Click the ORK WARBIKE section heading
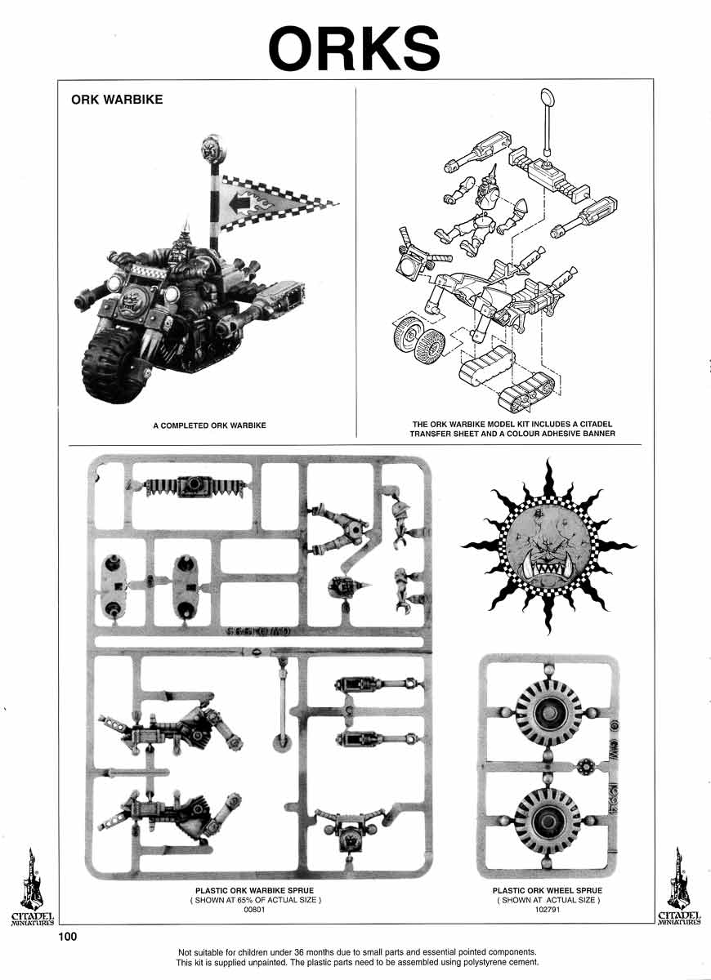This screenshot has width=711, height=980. click(117, 100)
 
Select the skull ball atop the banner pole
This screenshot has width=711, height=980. click(211, 151)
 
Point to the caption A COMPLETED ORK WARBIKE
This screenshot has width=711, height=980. click(210, 425)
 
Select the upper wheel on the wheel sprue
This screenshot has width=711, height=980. click(548, 712)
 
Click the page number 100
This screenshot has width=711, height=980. click(68, 937)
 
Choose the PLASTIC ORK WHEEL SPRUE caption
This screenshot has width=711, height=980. click(548, 890)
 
